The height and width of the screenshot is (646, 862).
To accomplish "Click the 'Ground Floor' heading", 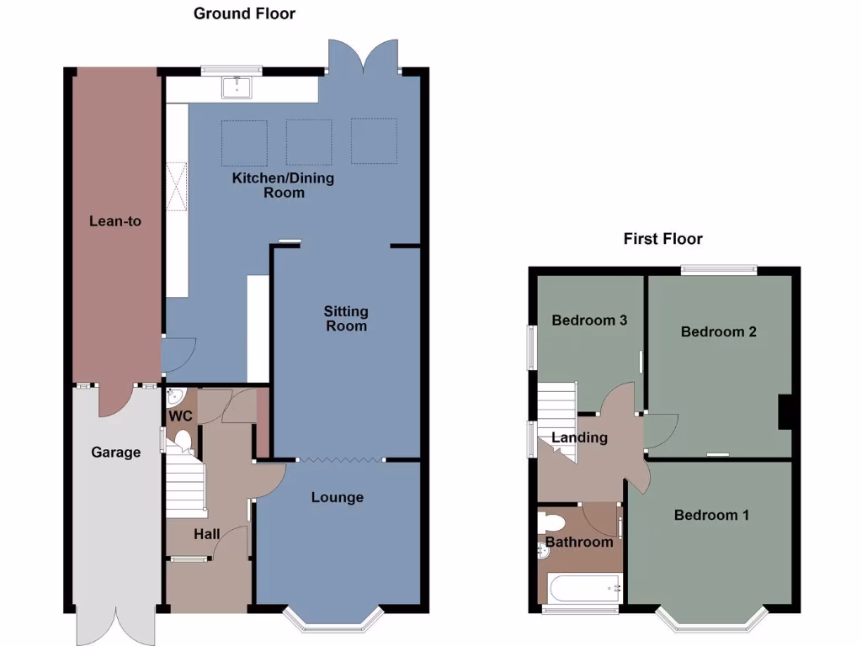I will tap(244, 13).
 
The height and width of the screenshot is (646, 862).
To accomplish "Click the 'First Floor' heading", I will tap(662, 239).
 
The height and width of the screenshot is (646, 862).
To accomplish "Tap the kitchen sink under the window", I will tap(237, 86).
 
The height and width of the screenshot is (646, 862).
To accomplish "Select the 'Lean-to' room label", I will tap(115, 221).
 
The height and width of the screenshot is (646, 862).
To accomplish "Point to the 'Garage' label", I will tap(115, 453).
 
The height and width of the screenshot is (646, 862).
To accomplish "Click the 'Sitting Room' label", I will tap(346, 318).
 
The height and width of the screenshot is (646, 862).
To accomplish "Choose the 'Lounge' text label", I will tap(338, 497).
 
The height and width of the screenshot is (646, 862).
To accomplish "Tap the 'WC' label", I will tap(181, 416).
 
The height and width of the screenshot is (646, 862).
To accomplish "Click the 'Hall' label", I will tap(206, 534).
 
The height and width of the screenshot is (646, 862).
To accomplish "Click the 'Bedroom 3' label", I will tap(589, 320).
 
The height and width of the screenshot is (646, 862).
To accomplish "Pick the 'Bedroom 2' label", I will tap(718, 331).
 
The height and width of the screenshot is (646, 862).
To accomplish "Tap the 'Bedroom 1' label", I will tap(711, 515).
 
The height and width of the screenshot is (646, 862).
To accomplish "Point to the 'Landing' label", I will tap(579, 437).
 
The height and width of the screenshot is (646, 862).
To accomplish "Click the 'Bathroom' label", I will tap(579, 542).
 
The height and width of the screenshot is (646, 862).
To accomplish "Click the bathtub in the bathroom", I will tap(584, 588).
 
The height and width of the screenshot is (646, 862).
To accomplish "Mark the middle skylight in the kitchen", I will tap(309, 141).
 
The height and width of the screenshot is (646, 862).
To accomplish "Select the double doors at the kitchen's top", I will tap(364, 56).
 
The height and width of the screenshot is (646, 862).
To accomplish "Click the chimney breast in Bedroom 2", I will tap(786, 412).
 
